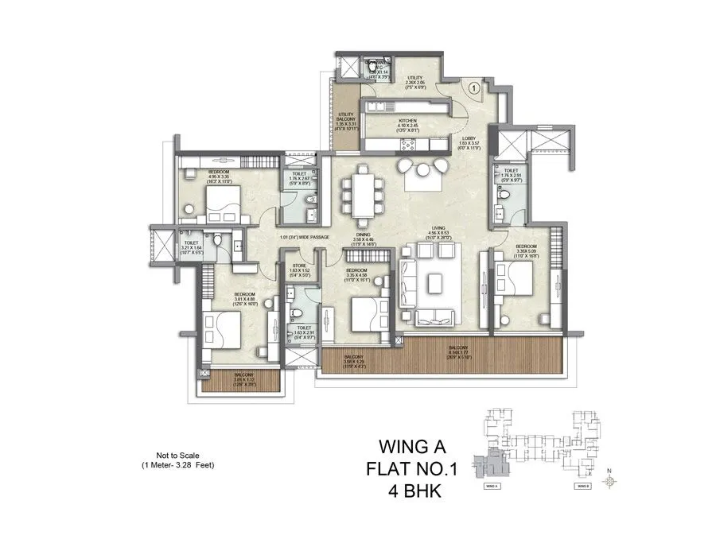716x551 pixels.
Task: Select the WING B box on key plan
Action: (x=583, y=485)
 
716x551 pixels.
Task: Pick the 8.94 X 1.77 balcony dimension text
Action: (x=457, y=353)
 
